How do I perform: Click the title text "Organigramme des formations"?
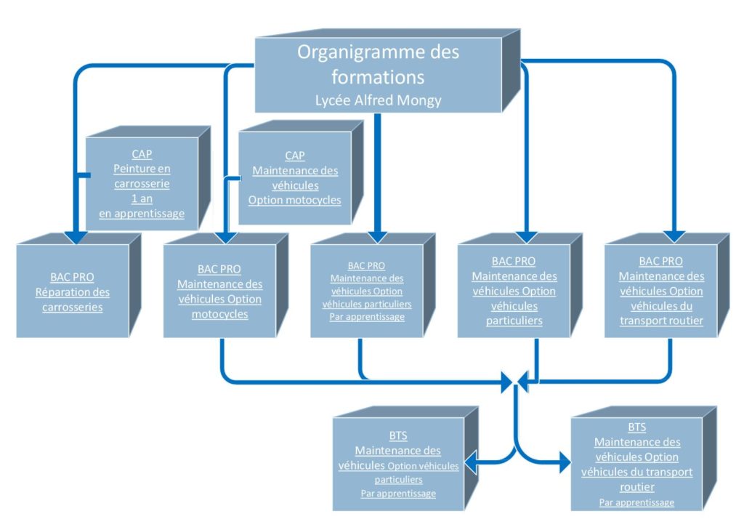[378, 65]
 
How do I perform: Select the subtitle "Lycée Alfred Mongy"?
[378, 100]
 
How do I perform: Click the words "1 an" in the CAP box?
[142, 198]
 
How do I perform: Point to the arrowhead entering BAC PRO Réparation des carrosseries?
[76, 238]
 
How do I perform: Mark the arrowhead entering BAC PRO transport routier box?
[674, 236]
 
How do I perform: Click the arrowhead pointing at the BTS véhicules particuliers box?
[471, 462]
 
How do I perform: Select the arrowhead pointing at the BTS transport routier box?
[565, 462]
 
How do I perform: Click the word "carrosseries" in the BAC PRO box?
[73, 307]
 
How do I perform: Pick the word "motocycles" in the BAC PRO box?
[219, 314]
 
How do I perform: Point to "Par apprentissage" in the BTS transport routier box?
[636, 502]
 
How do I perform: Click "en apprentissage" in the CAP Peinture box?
[142, 214]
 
